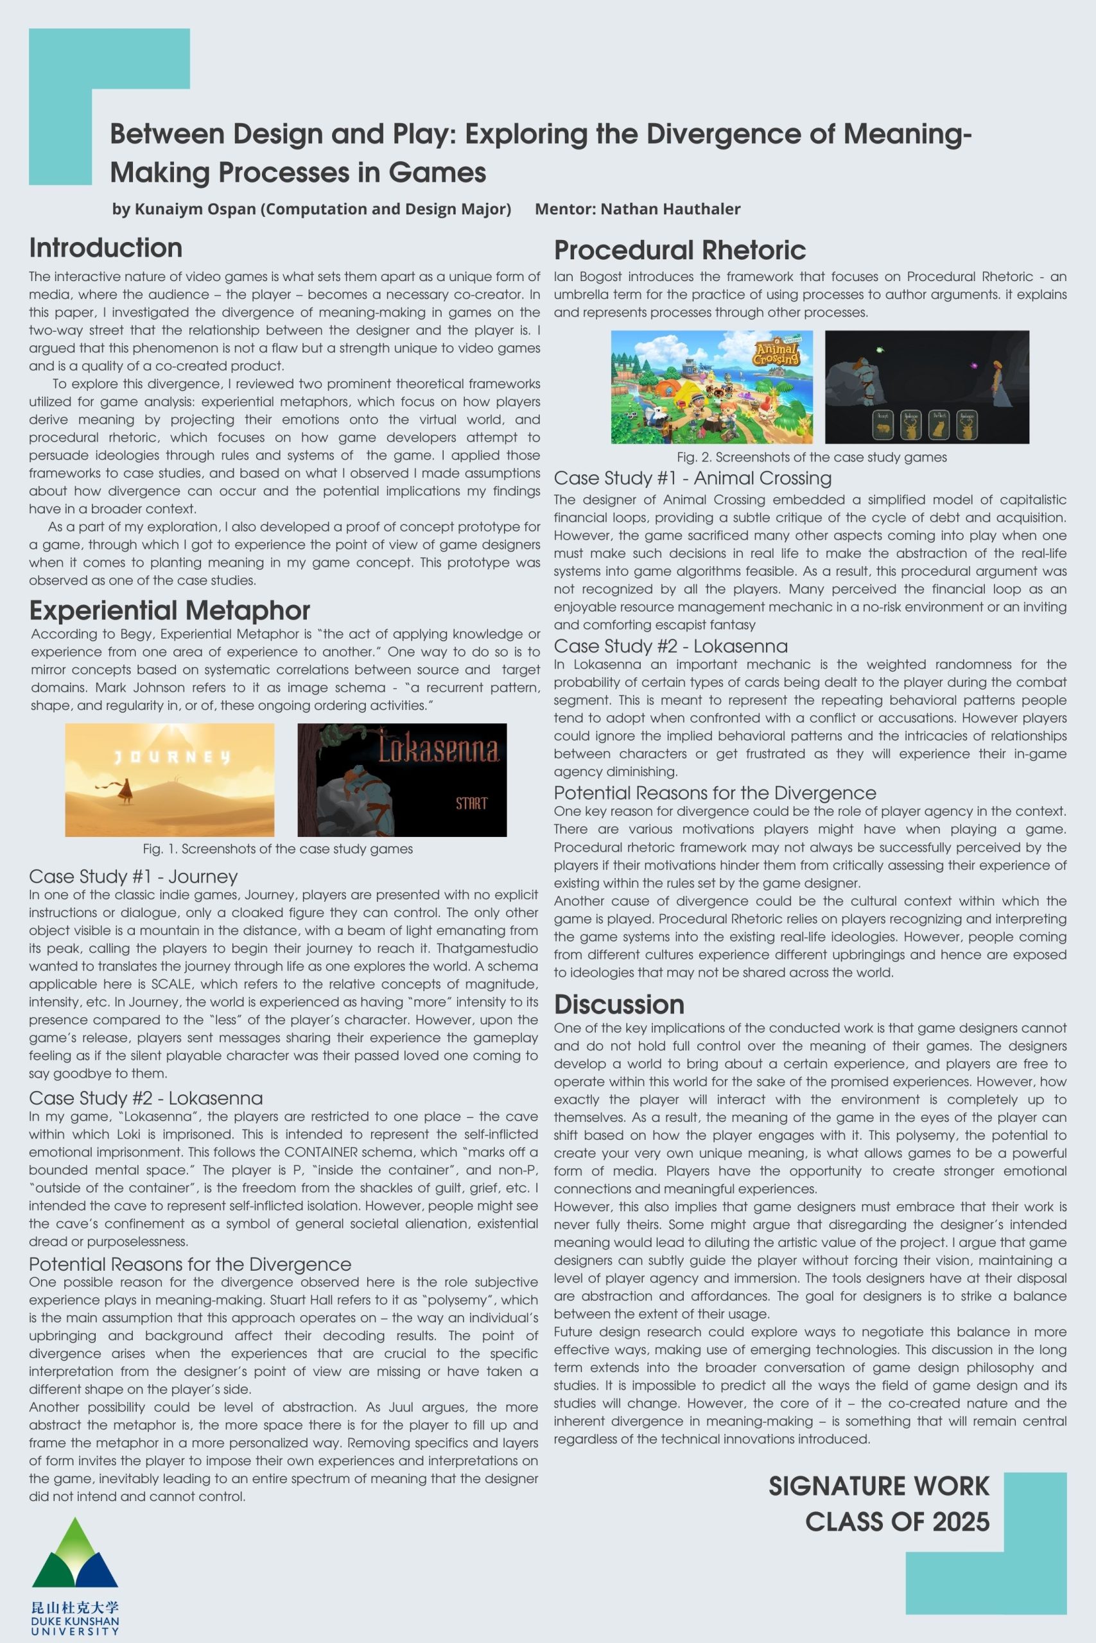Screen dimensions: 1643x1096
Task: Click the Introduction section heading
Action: pos(105,248)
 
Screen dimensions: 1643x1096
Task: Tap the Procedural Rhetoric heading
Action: pos(679,250)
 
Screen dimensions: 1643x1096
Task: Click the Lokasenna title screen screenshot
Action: pos(402,780)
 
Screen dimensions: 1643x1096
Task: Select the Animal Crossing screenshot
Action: pos(711,386)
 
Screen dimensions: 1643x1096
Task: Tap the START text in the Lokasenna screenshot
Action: pos(471,804)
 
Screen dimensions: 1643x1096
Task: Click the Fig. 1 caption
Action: pos(277,848)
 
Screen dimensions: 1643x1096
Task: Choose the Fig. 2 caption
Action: pos(812,458)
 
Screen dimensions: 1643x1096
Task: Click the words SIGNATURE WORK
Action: pos(878,1486)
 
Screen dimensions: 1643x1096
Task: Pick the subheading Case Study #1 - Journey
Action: pos(133,877)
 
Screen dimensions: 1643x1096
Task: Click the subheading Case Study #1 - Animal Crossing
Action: pos(692,479)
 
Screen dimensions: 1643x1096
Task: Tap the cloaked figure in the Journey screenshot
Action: pos(126,790)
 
